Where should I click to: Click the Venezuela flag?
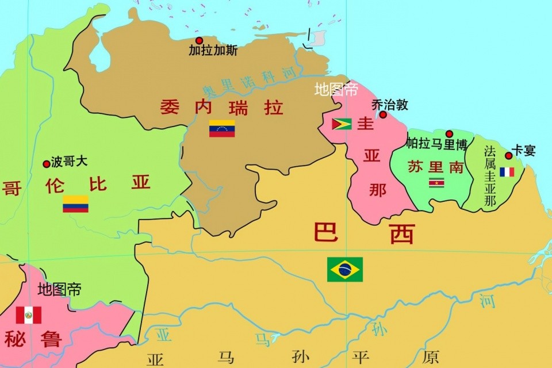pos(221,128)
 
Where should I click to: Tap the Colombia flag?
pos(75,204)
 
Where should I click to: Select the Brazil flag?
pos(345,269)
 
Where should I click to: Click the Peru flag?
pos(28,315)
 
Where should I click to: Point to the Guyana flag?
pos(342,124)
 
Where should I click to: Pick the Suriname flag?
pos(436,183)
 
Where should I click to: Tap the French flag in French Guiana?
pos(507,172)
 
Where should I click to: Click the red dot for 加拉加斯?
pos(199,40)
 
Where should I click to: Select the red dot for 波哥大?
pos(47,164)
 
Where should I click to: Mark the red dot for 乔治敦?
pos(383,114)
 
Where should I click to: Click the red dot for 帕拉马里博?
pos(449,133)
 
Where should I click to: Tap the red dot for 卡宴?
pos(508,155)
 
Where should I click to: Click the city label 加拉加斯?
pos(213,51)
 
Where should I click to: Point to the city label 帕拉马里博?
pos(436,143)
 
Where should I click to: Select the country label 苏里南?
pos(435,167)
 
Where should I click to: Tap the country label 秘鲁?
pos(33,339)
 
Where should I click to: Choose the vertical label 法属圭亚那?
pos(490,176)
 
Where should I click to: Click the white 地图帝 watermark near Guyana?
pos(336,90)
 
